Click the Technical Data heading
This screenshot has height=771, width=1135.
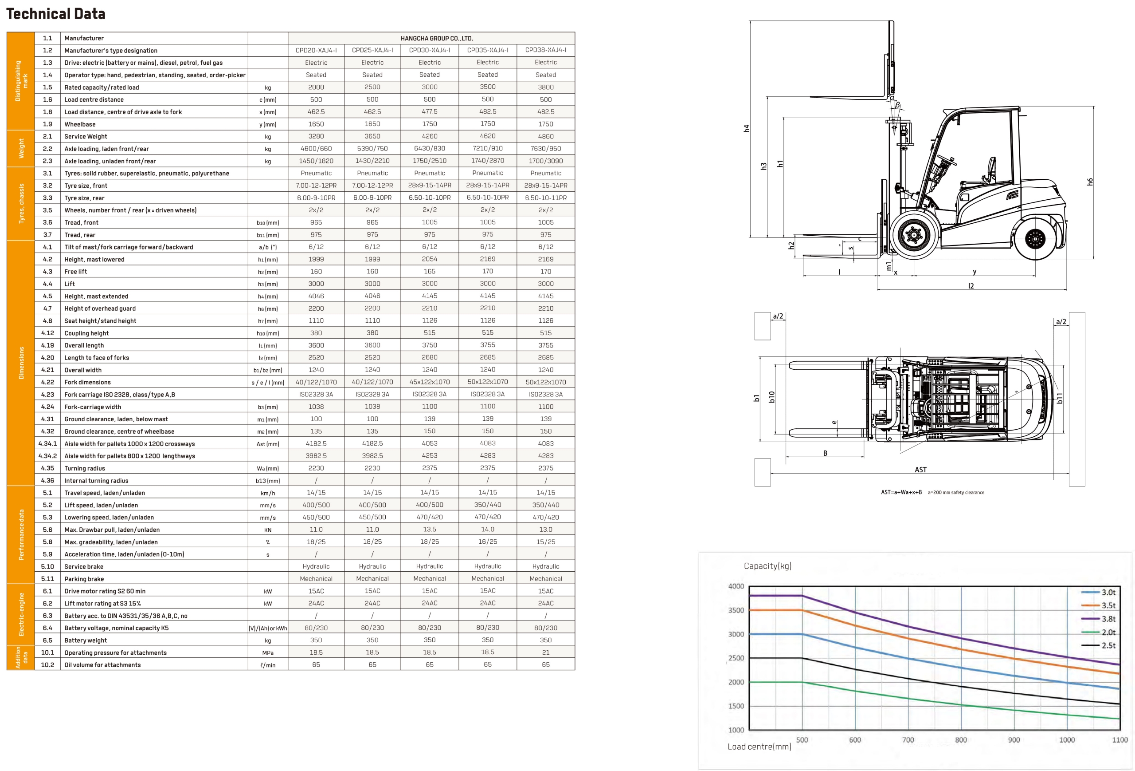pyautogui.click(x=56, y=14)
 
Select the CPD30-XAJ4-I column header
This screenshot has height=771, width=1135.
pyautogui.click(x=429, y=50)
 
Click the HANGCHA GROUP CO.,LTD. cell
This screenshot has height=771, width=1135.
pyautogui.click(x=437, y=38)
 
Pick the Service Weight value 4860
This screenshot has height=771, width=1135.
pyautogui.click(x=545, y=136)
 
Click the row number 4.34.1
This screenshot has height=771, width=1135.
pyautogui.click(x=47, y=444)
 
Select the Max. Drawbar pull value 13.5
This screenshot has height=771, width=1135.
pyautogui.click(x=429, y=530)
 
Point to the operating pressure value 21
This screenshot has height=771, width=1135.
pyautogui.click(x=545, y=652)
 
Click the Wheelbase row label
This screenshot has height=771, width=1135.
pyautogui.click(x=80, y=124)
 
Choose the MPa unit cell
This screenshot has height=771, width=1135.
pyautogui.click(x=268, y=652)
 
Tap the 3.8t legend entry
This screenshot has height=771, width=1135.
pyautogui.click(x=1108, y=619)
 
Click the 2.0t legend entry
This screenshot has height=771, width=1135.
pyautogui.click(x=1108, y=632)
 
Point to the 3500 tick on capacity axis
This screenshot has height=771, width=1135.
pyautogui.click(x=736, y=610)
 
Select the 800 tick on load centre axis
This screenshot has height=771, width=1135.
pyautogui.click(x=961, y=740)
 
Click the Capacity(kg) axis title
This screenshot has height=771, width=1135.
pyautogui.click(x=767, y=565)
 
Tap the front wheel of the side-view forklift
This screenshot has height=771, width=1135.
pyautogui.click(x=914, y=235)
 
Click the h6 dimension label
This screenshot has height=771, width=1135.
pyautogui.click(x=1090, y=182)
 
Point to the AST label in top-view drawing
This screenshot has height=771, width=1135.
pyautogui.click(x=920, y=470)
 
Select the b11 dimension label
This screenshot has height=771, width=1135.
pyautogui.click(x=1059, y=399)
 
